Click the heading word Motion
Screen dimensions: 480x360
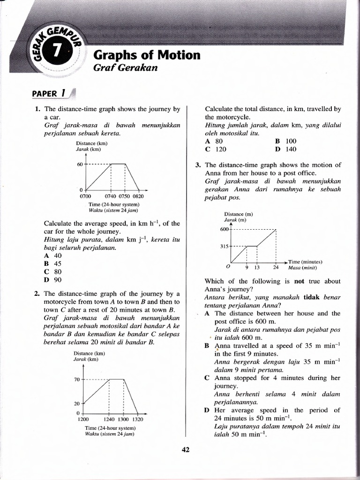tap(178, 55)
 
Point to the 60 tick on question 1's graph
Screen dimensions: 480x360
tap(79, 164)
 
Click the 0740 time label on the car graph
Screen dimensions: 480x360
tap(112, 196)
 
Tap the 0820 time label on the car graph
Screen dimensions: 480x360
tap(138, 196)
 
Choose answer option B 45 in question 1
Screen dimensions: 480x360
tap(52, 263)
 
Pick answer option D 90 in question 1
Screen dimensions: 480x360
tap(52, 280)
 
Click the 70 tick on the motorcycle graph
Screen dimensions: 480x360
tap(77, 379)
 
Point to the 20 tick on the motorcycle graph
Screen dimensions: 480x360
tap(77, 403)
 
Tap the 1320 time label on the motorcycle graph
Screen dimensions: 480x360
tap(136, 420)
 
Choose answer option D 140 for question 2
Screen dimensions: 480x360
tap(285, 149)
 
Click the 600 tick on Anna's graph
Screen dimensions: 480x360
tap(223, 229)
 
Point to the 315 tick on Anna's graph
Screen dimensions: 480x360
tap(223, 246)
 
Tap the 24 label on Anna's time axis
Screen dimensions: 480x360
tap(276, 268)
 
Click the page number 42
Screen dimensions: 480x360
tap(185, 450)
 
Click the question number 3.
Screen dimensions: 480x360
tap(198, 165)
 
